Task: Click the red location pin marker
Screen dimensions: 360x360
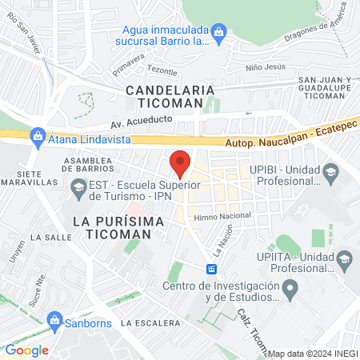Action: (180, 162)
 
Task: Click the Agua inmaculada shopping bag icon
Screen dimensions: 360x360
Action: (220, 31)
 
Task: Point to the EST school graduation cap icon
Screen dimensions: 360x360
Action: (78, 189)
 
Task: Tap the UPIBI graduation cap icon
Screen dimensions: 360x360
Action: (330, 173)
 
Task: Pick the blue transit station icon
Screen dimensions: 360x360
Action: (212, 269)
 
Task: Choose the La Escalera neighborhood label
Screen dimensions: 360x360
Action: (151, 322)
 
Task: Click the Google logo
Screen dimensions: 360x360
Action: (27, 350)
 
